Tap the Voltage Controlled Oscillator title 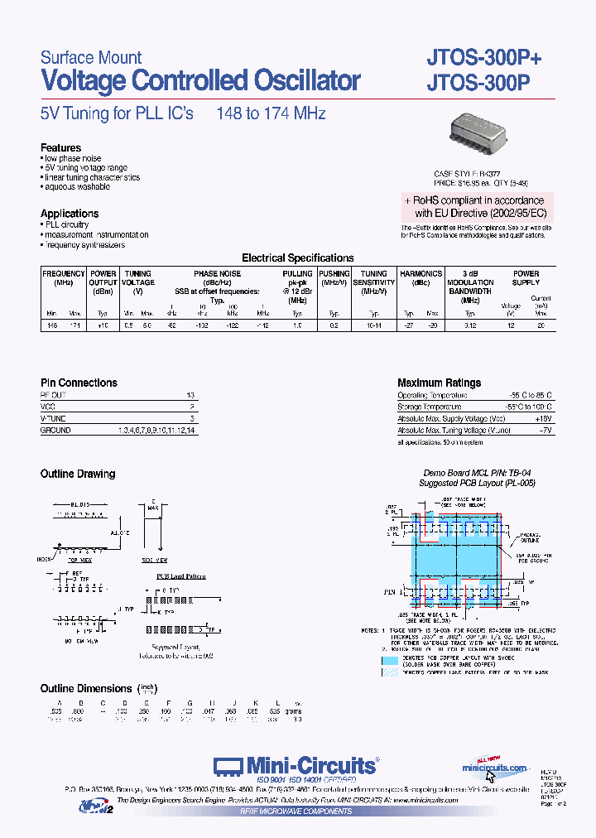[200, 81]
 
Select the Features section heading [61, 148]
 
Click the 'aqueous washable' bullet [76, 188]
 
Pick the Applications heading [70, 214]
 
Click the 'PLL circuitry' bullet [66, 224]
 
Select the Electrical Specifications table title [297, 258]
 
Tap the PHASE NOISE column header [217, 273]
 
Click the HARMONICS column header [421, 273]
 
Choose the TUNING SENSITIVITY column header [374, 278]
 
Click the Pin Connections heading [79, 383]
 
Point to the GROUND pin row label [55, 431]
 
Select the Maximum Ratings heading [439, 383]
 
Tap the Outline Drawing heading [78, 474]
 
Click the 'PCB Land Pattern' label [181, 576]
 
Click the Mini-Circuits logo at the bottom [296, 766]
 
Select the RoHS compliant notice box [474, 206]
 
